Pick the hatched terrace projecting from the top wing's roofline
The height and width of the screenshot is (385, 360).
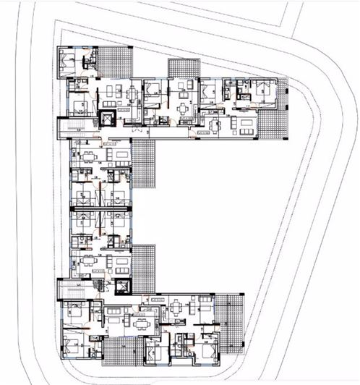(x=184, y=67)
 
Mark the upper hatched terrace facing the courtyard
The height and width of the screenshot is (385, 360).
(x=144, y=164)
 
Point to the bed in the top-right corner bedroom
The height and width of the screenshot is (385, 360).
(x=261, y=90)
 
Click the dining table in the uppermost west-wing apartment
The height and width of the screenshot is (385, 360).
(x=90, y=158)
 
